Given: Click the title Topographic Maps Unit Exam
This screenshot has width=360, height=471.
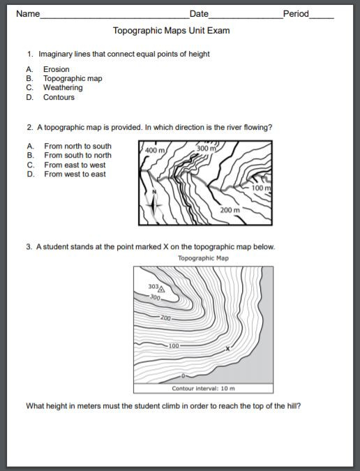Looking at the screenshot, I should [171, 31].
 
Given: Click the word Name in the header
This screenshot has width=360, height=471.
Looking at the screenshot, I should [27, 14].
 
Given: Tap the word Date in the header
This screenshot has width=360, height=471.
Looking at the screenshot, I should [199, 14].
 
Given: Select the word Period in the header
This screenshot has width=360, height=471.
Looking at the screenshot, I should [296, 14].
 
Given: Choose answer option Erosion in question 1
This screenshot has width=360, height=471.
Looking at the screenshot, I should [56, 69].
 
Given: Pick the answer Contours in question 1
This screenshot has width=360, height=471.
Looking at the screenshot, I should [59, 97].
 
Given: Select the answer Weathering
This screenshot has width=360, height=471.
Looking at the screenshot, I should [63, 88].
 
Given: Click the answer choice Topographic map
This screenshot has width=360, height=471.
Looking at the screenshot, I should [73, 78].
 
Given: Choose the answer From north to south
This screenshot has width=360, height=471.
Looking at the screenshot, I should [77, 146].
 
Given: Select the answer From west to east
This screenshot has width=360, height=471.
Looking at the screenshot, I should [75, 174].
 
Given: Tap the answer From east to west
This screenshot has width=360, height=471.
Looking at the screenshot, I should [75, 165].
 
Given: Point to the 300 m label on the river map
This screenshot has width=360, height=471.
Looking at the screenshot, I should [207, 149].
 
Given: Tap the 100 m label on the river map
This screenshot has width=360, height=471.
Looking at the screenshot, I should [260, 188].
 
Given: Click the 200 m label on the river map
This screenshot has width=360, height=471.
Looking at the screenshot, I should [230, 209].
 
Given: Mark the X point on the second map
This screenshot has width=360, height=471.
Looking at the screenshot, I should [227, 347].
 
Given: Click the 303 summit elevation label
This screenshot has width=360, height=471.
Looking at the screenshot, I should [153, 287].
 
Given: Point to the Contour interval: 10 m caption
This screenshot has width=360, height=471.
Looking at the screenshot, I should [203, 388].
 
